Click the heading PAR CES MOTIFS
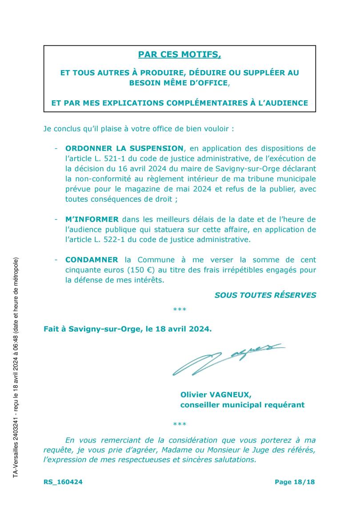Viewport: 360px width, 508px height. [180, 55]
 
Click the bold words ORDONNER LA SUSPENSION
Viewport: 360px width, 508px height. [124, 148]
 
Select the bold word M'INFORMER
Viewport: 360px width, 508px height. [92, 219]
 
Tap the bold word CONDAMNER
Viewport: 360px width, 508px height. [92, 260]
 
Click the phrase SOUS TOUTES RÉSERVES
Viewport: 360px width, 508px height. [265, 295]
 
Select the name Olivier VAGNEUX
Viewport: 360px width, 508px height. [216, 394]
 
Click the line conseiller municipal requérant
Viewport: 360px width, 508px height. [242, 405]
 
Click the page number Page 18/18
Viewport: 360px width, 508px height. [294, 482]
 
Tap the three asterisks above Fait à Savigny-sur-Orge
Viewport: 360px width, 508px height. [180, 310]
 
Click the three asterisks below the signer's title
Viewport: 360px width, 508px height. [180, 425]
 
